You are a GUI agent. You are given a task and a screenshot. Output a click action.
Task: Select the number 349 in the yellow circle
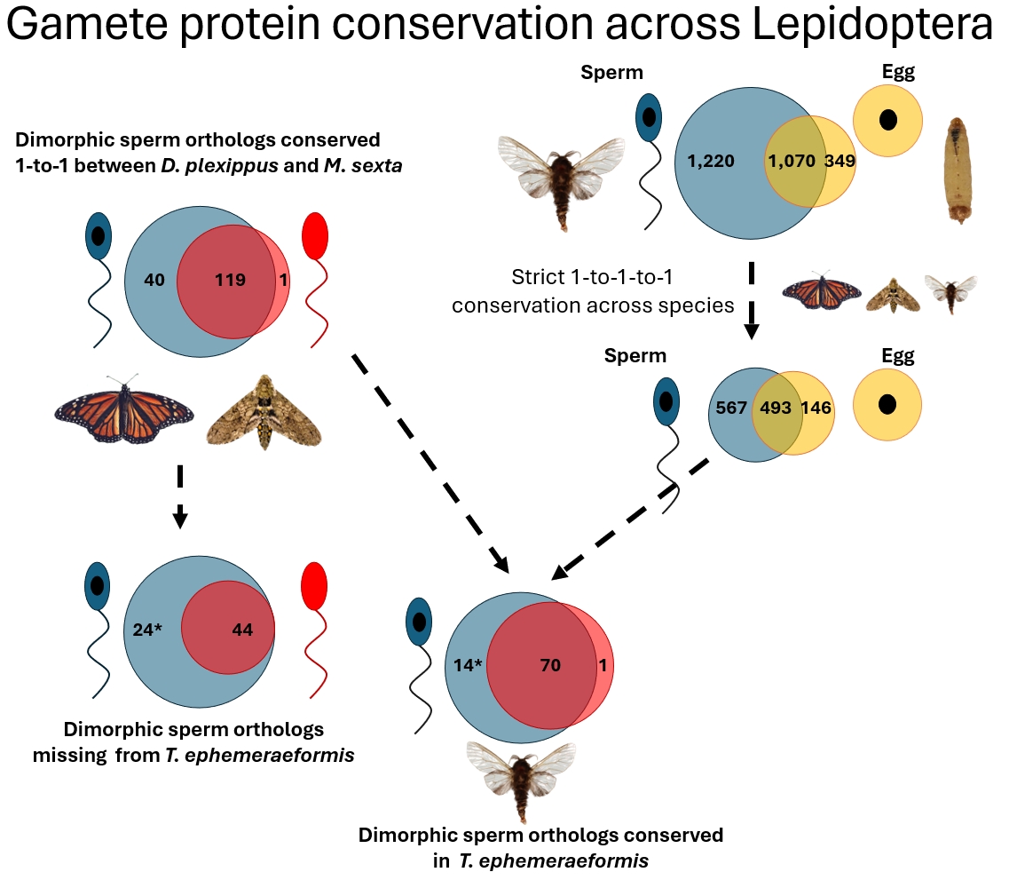[x=840, y=161]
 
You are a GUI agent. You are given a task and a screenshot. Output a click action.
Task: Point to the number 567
[x=731, y=408]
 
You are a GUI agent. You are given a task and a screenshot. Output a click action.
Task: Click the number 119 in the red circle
[x=230, y=281]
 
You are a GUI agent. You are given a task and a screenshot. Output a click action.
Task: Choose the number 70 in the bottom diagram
[x=550, y=664]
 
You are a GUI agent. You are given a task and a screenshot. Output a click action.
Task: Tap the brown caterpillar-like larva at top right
[x=958, y=170]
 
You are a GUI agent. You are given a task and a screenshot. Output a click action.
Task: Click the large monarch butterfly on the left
[x=124, y=409]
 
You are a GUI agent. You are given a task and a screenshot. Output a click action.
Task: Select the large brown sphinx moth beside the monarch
[x=264, y=411]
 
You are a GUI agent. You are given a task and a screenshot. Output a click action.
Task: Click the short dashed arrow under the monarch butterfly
[x=180, y=495]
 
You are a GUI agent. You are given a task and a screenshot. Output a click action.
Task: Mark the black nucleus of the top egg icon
[x=887, y=119]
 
